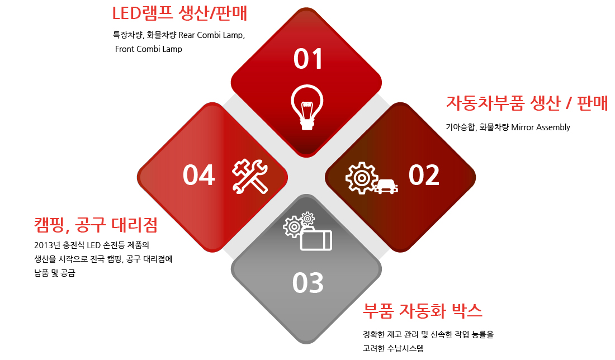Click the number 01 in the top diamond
point(308,59)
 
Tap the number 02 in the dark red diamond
point(424,175)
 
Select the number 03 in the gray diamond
point(308,282)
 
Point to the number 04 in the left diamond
point(199,175)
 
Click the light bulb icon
point(307,107)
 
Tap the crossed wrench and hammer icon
point(250,177)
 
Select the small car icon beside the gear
point(386,186)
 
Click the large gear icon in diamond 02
point(362,178)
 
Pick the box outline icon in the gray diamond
point(316,240)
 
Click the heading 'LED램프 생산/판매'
point(179,13)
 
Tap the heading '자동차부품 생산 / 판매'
point(527,103)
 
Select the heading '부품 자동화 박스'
point(423,311)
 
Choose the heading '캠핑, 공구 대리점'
point(96,225)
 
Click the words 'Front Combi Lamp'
point(149,49)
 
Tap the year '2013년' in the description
point(47,245)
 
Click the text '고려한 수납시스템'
point(394,348)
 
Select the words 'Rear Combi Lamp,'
point(212,35)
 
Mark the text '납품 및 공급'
point(55,273)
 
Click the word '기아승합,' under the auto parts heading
point(461,127)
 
